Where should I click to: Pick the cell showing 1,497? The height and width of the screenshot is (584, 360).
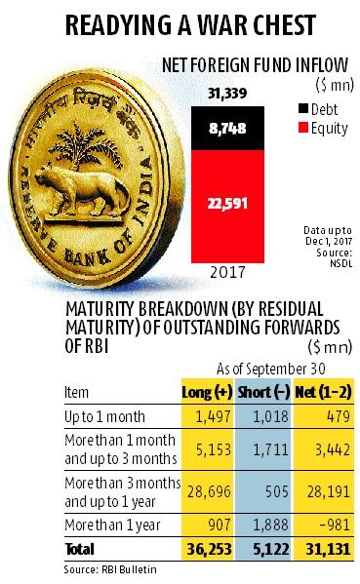click(x=219, y=416)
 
